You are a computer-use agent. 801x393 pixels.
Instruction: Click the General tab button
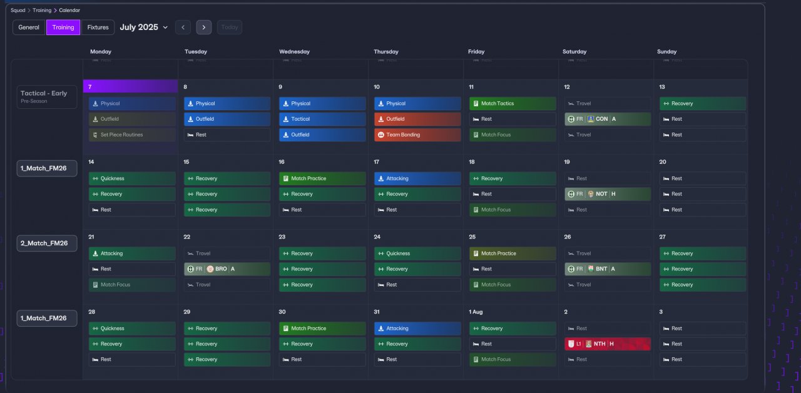[29, 28]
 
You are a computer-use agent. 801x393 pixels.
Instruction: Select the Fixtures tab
[98, 28]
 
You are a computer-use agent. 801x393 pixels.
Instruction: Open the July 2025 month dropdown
[144, 28]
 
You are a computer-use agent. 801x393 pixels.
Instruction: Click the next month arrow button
[203, 28]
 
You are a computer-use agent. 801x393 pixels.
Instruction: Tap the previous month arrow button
[183, 28]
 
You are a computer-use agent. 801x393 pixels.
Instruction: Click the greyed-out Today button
[230, 28]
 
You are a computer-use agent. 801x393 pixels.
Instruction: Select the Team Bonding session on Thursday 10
[417, 135]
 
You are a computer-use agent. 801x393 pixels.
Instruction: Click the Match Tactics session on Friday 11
[512, 104]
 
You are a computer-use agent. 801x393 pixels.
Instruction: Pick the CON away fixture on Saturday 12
[607, 119]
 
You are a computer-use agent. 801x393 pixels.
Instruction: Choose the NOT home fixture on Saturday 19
[607, 194]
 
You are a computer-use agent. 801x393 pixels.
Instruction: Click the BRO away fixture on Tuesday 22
[227, 269]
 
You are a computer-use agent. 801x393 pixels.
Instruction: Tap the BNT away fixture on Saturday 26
[607, 269]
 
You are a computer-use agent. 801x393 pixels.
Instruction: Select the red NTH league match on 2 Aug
[607, 344]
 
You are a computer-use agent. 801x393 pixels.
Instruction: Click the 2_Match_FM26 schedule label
[47, 243]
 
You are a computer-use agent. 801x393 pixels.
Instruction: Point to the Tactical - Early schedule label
[47, 96]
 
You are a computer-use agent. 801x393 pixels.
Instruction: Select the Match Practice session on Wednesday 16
[322, 178]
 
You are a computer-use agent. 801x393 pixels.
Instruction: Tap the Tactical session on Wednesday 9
[322, 119]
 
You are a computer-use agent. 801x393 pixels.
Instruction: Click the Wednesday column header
[294, 52]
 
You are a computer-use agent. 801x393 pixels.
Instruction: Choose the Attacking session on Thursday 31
[417, 328]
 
